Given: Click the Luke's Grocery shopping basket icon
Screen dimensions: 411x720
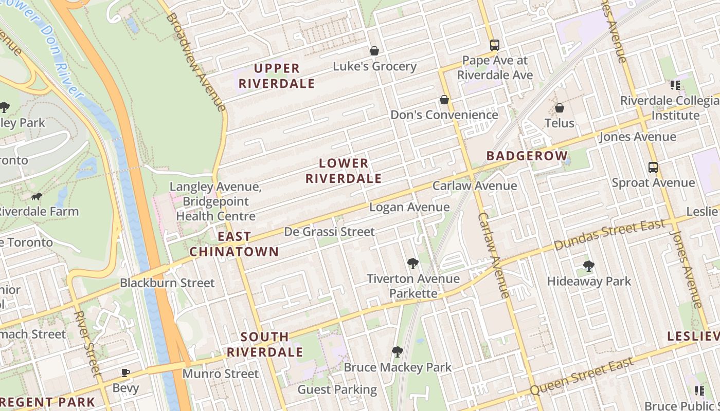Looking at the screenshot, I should point(374,51).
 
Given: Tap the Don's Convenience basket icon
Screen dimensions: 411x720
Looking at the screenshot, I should point(444,100).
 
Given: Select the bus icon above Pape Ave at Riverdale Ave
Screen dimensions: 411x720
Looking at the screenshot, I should point(494,45).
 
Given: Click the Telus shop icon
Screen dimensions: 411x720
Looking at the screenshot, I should point(560,108).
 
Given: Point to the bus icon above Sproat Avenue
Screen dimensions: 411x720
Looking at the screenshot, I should point(653,167).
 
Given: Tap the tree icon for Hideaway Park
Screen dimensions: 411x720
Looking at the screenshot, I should point(589,266).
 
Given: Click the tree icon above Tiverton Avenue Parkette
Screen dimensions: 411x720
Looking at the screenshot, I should point(412,264).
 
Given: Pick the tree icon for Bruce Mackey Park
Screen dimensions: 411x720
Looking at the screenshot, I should point(397,352).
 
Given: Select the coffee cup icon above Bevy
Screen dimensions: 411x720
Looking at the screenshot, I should point(125,372).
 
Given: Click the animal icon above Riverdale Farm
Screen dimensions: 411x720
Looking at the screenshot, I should point(37,196).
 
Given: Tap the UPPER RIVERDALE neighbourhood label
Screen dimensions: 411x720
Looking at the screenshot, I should point(277,76).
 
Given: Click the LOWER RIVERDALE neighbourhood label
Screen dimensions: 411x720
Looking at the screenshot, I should point(344,171).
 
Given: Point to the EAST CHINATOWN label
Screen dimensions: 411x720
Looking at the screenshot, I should point(234,244).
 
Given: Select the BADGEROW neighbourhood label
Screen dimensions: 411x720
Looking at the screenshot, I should point(527,156).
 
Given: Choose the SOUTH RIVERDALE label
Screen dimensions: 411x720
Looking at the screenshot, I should point(265,344).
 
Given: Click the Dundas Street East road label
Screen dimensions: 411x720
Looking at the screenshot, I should point(610,235).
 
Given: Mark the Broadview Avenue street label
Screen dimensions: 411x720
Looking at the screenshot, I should point(195,62).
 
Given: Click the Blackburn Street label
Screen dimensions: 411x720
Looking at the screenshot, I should point(167,283).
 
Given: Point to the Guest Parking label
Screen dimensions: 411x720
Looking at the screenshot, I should point(337,389).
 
